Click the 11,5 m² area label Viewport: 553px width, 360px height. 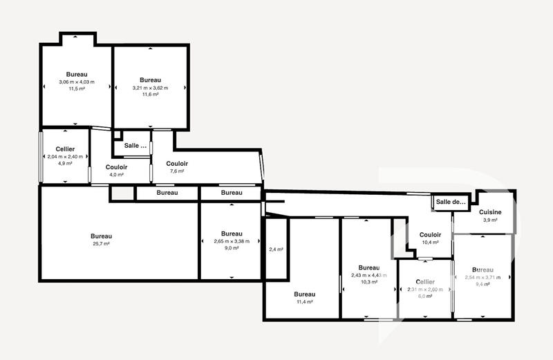pos(76,89)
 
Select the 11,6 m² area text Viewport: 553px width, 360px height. pos(150,95)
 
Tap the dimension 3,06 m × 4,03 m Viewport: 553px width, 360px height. pos(76,82)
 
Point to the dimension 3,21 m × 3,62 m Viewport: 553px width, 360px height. pos(150,88)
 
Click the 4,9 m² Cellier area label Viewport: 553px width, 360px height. pos(65,163)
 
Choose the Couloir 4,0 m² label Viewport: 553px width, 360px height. pos(115,174)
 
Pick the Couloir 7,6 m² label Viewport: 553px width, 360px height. pos(177,171)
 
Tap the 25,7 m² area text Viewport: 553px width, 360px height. pos(101,243)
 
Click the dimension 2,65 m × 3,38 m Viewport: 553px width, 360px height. pos(232,240)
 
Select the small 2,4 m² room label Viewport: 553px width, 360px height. pos(276,249)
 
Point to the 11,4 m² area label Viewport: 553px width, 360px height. pos(304,302)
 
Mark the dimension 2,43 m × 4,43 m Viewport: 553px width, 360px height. pos(368,275)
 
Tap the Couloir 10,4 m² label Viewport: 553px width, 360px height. pos(430,243)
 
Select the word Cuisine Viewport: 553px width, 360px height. pos(490,212)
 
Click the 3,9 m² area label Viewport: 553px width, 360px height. pos(490,220)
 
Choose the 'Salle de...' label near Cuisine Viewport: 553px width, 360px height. pos(451,202)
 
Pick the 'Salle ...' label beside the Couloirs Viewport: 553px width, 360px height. pos(135,146)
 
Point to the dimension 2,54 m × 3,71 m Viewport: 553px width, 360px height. pos(482,277)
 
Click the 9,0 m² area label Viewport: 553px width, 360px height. pos(232,247)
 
